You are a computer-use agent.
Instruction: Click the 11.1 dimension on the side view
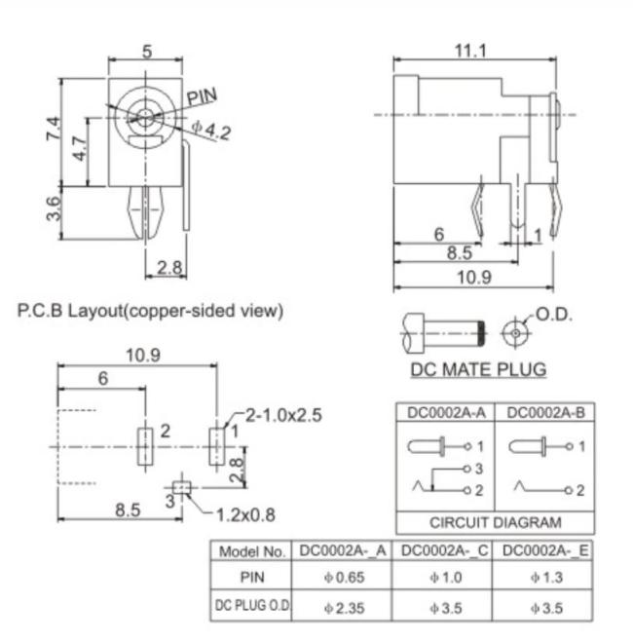point(470,51)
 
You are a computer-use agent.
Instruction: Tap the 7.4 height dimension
point(54,129)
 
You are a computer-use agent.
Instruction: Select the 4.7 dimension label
point(80,149)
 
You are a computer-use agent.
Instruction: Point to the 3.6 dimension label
point(54,208)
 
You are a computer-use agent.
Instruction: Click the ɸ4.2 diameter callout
point(211,131)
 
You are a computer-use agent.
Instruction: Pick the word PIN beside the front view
point(202,96)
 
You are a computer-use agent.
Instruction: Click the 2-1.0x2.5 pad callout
point(283,415)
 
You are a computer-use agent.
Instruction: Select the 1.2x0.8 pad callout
point(245,514)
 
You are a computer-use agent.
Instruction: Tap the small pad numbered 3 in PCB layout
point(181,488)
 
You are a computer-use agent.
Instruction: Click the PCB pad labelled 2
point(145,446)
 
